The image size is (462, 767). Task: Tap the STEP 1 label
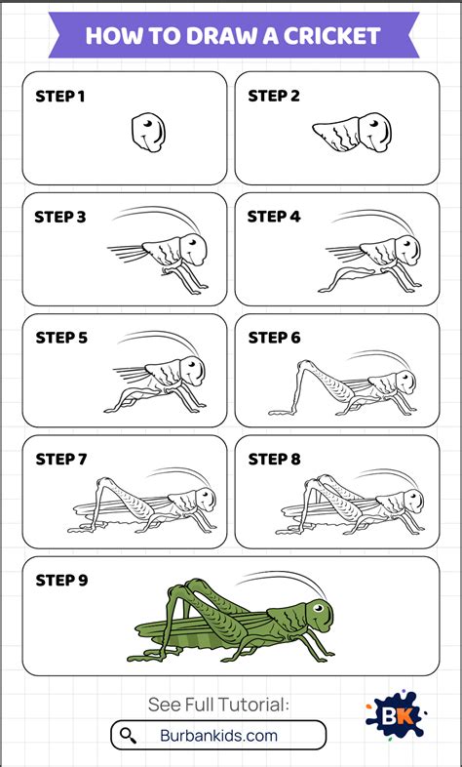click(x=60, y=97)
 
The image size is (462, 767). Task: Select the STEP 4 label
click(x=274, y=217)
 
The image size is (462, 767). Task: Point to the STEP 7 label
click(x=61, y=460)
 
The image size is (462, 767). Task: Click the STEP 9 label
click(x=61, y=581)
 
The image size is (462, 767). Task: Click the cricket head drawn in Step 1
click(x=148, y=132)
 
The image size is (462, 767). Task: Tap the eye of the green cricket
click(x=319, y=608)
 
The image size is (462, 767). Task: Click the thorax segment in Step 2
click(x=337, y=135)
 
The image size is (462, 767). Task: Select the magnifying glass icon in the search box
click(x=128, y=735)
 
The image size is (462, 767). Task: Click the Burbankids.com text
click(x=218, y=735)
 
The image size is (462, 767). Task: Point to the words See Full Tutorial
click(x=218, y=705)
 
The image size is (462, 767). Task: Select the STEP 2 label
click(x=274, y=97)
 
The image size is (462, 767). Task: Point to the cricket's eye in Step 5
click(x=196, y=363)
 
